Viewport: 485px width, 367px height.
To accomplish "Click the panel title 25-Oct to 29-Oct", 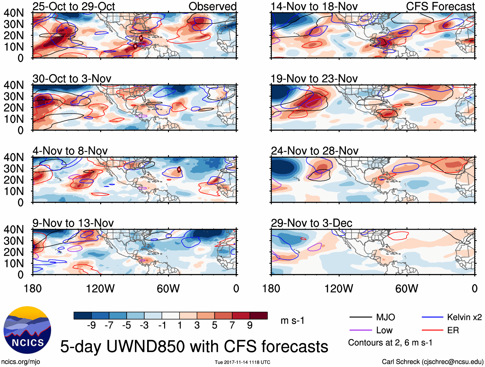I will click(x=74, y=6).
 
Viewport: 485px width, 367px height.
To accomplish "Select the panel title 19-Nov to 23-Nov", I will click(x=314, y=79).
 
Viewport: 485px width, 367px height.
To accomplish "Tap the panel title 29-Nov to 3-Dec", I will click(x=311, y=223).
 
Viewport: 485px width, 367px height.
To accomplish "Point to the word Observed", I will click(x=212, y=6).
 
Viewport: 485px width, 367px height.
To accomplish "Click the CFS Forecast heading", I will click(x=440, y=6).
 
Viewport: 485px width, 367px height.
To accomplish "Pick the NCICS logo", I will click(x=27, y=330).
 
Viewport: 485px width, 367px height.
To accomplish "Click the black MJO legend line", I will click(x=360, y=317).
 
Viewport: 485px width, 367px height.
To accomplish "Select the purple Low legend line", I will click(x=360, y=330).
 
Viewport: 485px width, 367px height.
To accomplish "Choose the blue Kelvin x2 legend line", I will click(x=432, y=317).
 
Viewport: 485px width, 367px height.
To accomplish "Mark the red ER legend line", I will click(x=432, y=330).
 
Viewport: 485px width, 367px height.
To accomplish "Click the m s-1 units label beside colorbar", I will click(x=292, y=321).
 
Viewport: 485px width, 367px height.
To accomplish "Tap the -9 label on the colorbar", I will click(x=91, y=326).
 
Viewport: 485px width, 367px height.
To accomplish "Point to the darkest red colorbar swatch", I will click(x=259, y=316).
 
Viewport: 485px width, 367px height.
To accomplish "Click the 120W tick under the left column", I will click(x=100, y=289).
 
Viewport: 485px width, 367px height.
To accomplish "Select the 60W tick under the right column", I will click(x=407, y=289).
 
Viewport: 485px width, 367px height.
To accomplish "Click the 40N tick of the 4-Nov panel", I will click(x=13, y=157).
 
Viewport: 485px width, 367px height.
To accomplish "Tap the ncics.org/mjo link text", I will click(x=21, y=362).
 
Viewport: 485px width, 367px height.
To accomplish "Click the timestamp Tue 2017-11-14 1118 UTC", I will click(x=242, y=362).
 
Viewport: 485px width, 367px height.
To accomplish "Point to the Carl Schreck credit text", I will click(x=432, y=362).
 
